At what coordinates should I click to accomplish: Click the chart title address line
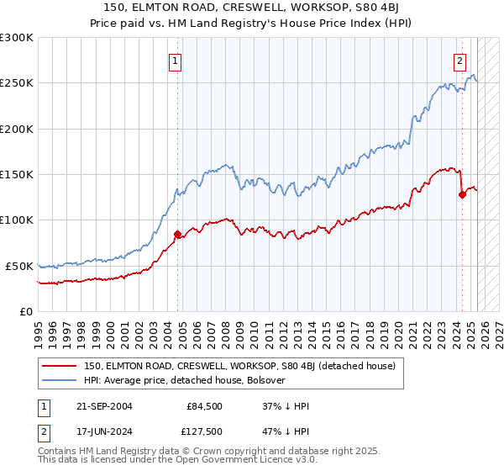(x=252, y=8)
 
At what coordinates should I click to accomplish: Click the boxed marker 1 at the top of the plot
(x=176, y=60)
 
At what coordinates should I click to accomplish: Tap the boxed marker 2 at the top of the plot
(x=460, y=60)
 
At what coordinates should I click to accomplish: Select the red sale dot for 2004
(x=177, y=234)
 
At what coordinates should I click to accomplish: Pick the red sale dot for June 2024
(x=462, y=194)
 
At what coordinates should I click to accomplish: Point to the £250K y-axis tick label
(x=17, y=83)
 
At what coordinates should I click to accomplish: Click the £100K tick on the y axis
(x=17, y=220)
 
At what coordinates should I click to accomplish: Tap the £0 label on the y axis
(x=25, y=311)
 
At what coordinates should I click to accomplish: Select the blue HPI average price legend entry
(x=185, y=380)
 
